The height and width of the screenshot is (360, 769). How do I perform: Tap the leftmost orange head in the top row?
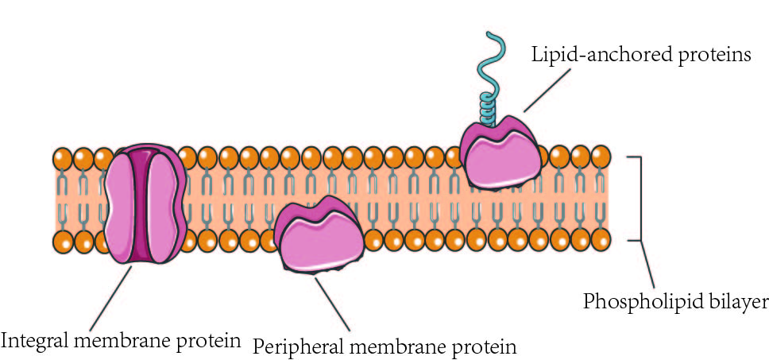pos(64,157)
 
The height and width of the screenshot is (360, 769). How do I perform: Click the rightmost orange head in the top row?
pos(601,154)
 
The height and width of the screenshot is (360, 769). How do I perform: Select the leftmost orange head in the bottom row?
pos(64,239)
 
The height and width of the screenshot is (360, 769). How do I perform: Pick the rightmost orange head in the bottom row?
pos(601,238)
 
